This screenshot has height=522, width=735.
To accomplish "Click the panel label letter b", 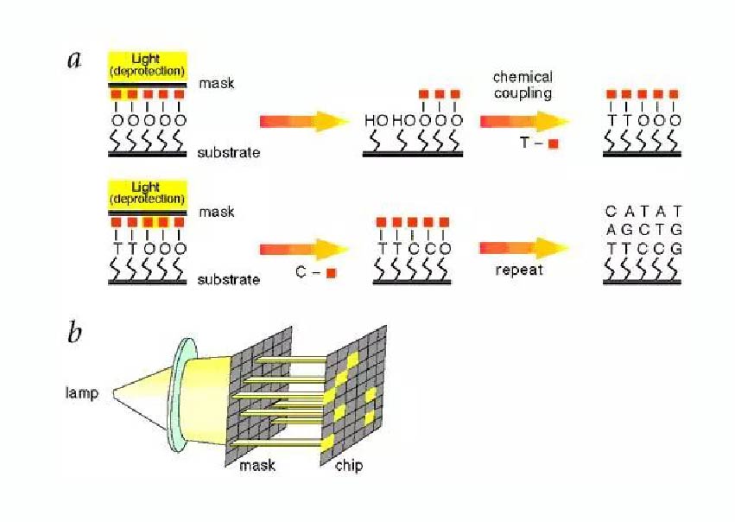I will pos(75,332).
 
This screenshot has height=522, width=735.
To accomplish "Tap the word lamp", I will pos(83,393).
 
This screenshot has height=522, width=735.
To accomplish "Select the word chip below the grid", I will pos(350,466).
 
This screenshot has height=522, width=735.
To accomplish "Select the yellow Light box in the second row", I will pos(146,193).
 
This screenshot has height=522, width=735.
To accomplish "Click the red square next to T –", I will pos(552,144).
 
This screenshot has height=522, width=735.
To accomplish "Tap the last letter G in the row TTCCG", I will pos(677,248).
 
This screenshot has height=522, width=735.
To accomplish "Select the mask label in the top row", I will pos(217,84).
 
